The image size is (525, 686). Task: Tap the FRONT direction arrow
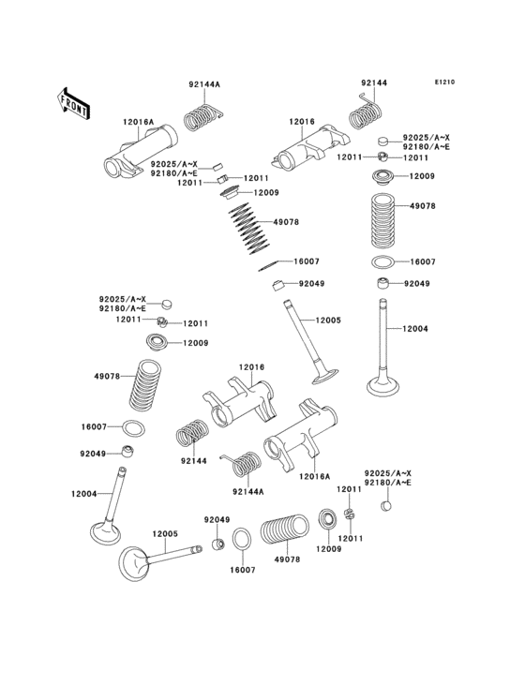74,102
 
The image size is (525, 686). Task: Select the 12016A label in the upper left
138,122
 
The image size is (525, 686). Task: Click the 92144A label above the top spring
203,84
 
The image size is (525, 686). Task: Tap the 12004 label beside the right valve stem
416,328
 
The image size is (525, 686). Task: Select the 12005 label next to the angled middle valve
328,321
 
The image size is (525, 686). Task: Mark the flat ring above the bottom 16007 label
241,542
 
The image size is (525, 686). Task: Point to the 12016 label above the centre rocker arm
251,367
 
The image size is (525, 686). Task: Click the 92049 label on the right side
417,283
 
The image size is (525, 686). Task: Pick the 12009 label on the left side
195,344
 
